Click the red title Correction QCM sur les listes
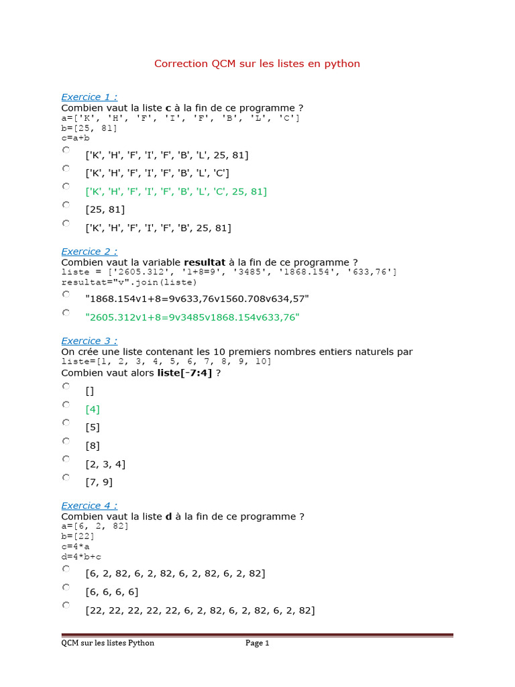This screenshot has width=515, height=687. (x=257, y=64)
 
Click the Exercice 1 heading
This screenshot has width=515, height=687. (x=89, y=97)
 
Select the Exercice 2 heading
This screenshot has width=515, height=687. (x=89, y=252)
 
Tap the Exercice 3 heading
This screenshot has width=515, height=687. (x=89, y=341)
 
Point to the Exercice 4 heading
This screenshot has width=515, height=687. (x=89, y=506)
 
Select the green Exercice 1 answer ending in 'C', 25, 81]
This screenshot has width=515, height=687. (x=176, y=192)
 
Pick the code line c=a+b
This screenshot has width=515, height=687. (x=75, y=138)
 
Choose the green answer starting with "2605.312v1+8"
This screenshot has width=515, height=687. (x=192, y=317)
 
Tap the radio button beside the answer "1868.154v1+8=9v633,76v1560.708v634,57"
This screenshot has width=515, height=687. (x=66, y=295)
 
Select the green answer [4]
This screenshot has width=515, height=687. (x=93, y=409)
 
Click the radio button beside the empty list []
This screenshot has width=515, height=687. (x=66, y=386)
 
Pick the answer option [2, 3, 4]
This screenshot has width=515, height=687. (x=105, y=464)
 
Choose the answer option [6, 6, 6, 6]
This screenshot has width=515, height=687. (x=111, y=592)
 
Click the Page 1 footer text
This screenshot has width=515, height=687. (x=257, y=643)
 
